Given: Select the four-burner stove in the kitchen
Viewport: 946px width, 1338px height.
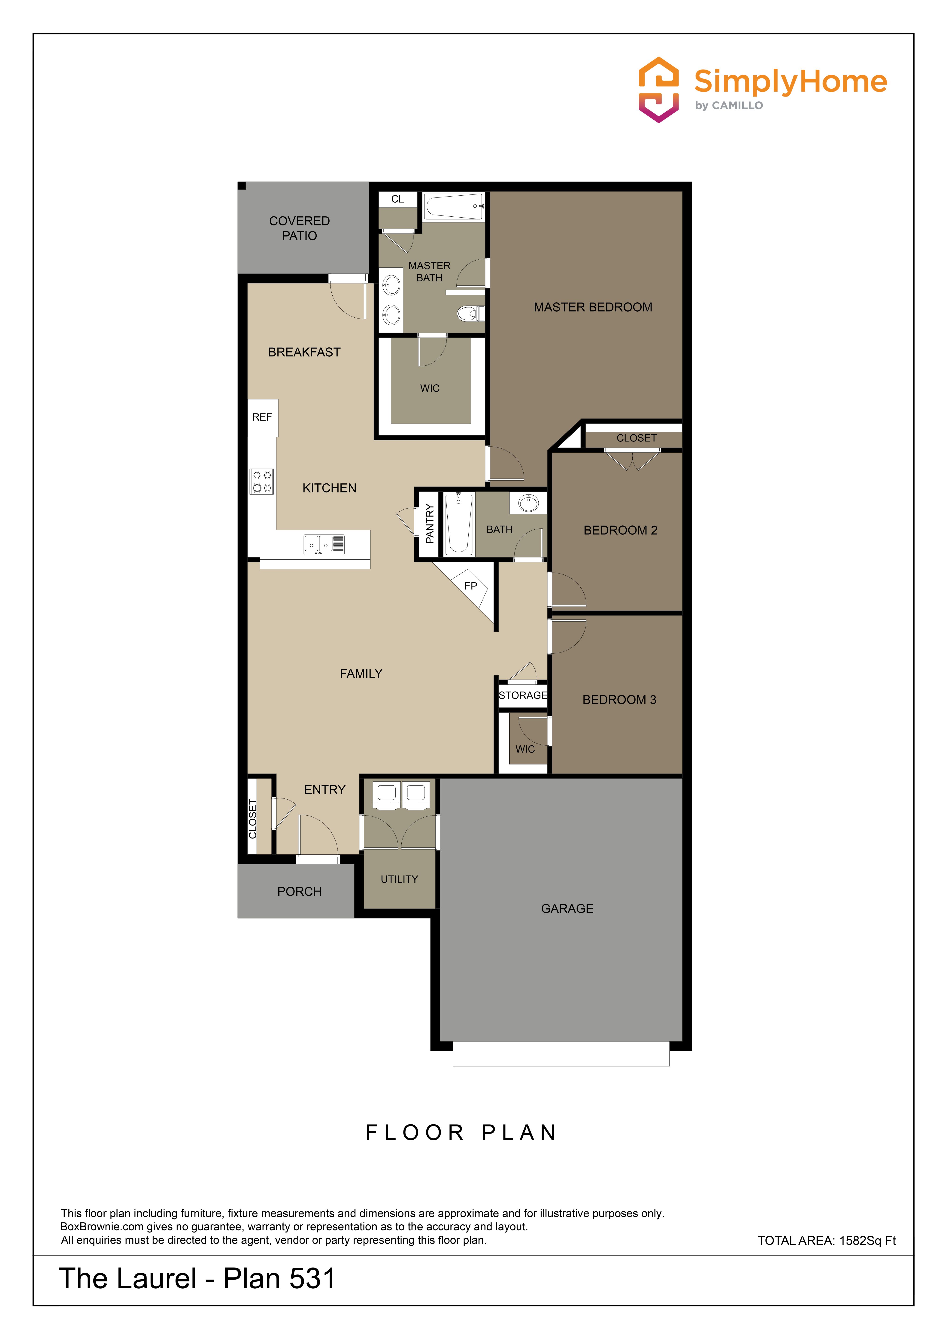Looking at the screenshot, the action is (x=262, y=481).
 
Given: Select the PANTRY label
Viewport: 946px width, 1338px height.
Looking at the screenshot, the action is (x=430, y=523).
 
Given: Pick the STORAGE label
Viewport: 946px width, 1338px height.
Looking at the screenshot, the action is (x=523, y=695).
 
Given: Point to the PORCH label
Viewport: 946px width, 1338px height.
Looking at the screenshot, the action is (x=300, y=892).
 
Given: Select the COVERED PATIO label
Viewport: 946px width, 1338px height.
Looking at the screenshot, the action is (x=300, y=228).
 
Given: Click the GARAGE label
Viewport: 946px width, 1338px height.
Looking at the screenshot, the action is (x=567, y=908).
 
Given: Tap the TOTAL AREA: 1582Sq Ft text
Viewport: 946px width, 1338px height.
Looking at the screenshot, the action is (x=827, y=1241).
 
